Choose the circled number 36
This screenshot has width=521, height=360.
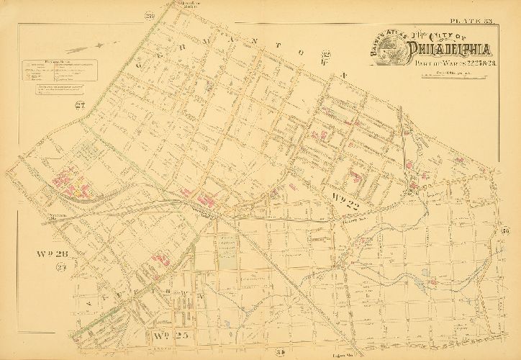(x=505, y=231)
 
